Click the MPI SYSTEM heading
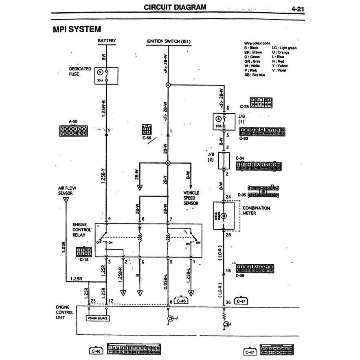[x=77, y=29]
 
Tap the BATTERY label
[x=107, y=41]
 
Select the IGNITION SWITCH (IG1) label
[x=168, y=41]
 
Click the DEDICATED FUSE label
[x=80, y=71]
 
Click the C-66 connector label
[x=147, y=138]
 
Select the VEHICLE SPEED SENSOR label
[x=191, y=198]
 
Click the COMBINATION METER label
[x=256, y=211]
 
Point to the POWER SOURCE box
[x=97, y=318]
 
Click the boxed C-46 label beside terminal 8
[x=182, y=301]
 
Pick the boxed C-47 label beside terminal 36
[x=241, y=301]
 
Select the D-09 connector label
[x=241, y=275]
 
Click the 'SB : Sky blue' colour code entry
[x=255, y=75]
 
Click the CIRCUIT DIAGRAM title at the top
[x=175, y=7]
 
